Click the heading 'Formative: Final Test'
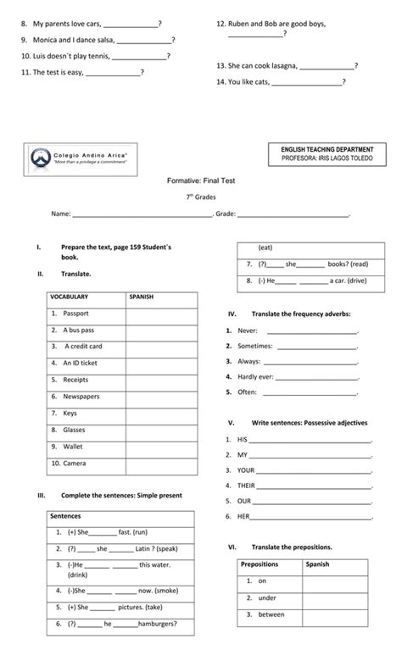click(201, 181)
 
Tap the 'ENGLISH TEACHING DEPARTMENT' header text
click(327, 149)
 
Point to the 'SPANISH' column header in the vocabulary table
click(141, 297)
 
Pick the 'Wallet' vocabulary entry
click(73, 447)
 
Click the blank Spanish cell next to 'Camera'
click(161, 464)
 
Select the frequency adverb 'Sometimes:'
click(249, 346)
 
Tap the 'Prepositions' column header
click(260, 564)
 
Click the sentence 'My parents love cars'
click(67, 24)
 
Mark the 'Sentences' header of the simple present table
click(65, 515)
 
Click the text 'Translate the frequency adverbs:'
click(301, 314)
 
